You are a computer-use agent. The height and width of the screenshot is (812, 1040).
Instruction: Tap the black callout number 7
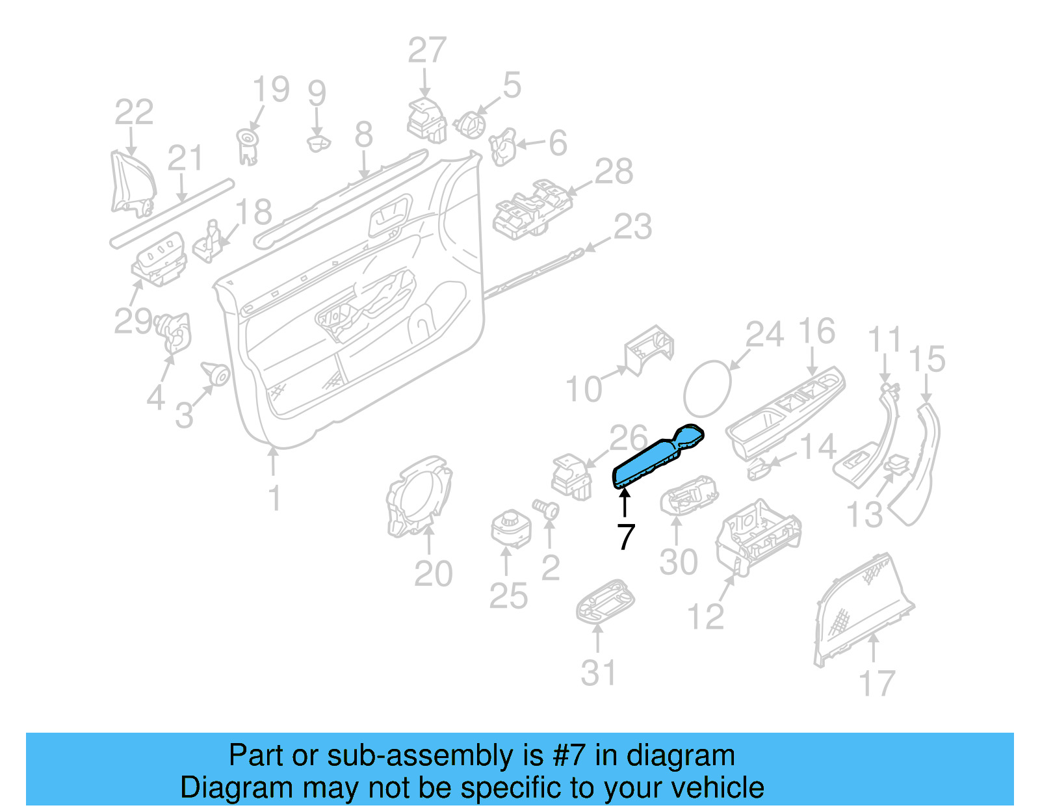point(625,537)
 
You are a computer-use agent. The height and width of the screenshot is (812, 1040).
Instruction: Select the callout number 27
point(427,51)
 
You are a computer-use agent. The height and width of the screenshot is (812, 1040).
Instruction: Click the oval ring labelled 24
point(707,389)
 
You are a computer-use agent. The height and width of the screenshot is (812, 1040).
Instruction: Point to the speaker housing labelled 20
point(418,497)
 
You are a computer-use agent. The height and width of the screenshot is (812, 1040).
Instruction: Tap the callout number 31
point(598,673)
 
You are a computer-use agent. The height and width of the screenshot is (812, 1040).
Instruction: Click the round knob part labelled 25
point(510,529)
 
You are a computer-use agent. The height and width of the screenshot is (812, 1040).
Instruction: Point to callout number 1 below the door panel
point(274,498)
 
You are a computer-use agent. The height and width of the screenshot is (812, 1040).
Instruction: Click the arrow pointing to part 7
point(625,503)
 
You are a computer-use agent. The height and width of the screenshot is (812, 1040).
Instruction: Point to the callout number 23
point(632,227)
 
